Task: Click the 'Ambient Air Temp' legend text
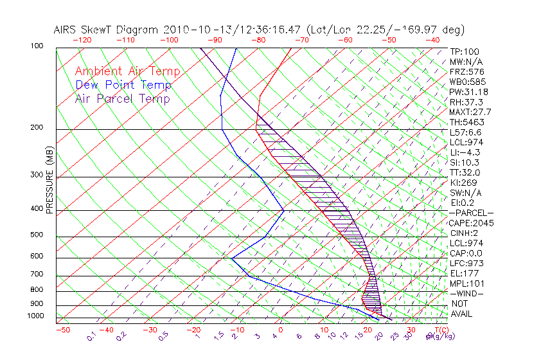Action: tap(127, 71)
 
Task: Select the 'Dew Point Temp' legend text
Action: tap(123, 85)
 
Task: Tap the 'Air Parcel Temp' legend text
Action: tap(122, 98)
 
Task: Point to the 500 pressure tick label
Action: tap(36, 235)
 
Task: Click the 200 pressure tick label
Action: tap(36, 128)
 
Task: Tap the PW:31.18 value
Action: tap(468, 92)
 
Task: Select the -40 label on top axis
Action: tap(432, 40)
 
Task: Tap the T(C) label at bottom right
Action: tap(438, 330)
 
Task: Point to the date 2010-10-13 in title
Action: tap(193, 30)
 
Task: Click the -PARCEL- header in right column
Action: tap(472, 213)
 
